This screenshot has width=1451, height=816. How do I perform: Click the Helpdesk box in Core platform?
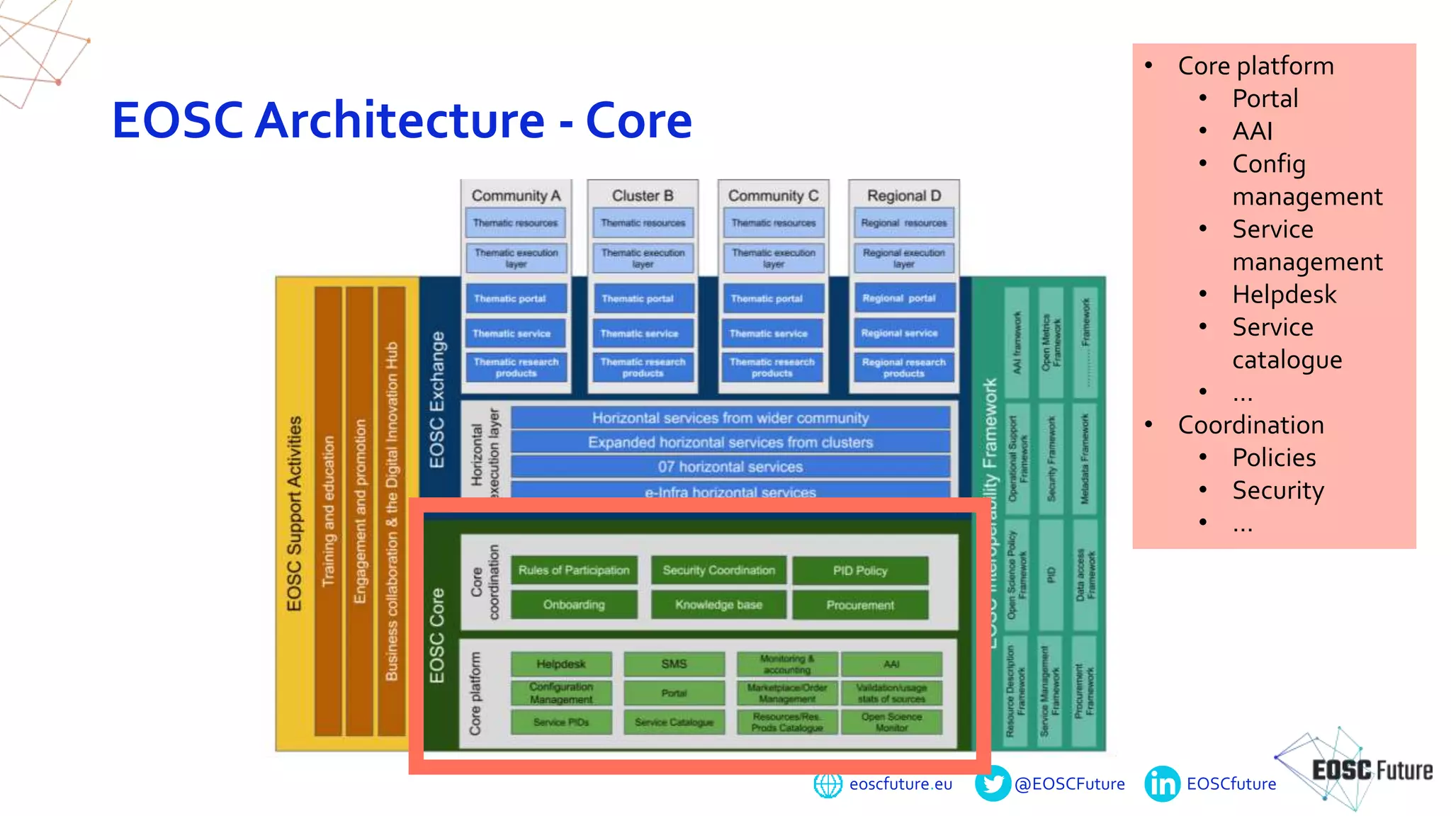click(561, 664)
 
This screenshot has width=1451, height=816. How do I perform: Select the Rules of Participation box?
click(574, 570)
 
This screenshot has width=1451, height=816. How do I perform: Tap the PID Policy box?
click(860, 571)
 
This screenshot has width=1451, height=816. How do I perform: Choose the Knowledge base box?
click(718, 605)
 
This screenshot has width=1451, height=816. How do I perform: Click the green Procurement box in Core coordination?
click(860, 606)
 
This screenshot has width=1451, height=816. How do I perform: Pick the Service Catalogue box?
click(674, 722)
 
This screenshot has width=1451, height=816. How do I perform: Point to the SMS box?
click(674, 664)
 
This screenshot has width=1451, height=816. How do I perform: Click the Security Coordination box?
click(718, 570)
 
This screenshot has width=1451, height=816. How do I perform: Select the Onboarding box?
click(574, 605)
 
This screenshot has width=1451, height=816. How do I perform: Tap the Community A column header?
click(516, 195)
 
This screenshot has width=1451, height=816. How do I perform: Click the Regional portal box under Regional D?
click(903, 298)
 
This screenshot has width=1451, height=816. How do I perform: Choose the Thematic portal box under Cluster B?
click(643, 299)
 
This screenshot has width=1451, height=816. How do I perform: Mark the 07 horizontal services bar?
click(730, 467)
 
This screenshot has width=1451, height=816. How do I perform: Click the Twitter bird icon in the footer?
click(993, 783)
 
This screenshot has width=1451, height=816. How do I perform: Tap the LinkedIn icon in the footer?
click(1162, 784)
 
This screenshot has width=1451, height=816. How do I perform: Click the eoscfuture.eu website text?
click(900, 784)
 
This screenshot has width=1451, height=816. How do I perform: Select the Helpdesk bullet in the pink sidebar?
click(1284, 294)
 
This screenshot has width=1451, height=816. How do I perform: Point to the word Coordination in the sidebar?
click(1250, 424)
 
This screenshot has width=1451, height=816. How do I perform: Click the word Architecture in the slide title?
click(400, 120)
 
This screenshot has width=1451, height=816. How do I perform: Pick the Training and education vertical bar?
click(328, 510)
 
